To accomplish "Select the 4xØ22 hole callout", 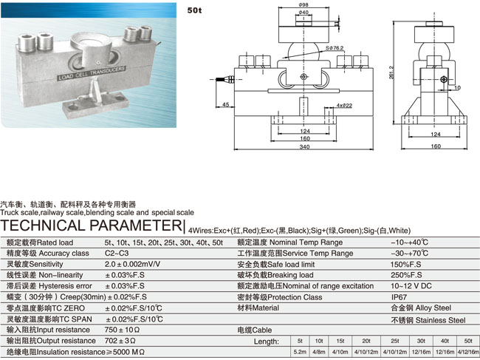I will (x=344, y=106).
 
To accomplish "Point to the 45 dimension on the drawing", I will (x=224, y=103).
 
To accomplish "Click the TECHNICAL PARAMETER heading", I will (x=92, y=225).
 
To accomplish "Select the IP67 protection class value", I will (x=400, y=297).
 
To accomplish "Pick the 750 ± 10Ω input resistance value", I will (x=122, y=329).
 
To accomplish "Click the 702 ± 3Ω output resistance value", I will (x=120, y=340).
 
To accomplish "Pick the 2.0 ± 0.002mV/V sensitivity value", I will (x=133, y=264).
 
